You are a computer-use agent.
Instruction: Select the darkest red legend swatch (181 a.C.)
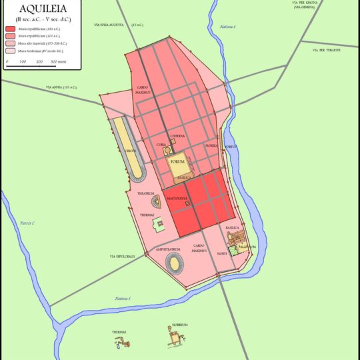(11, 29)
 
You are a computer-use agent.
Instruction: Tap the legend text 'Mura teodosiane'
(40, 51)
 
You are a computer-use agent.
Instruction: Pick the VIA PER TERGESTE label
(326, 50)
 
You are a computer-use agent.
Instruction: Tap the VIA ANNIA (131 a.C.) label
(62, 87)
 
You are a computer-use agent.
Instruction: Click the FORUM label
(177, 162)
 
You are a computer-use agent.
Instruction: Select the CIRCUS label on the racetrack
(129, 151)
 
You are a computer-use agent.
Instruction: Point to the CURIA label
(161, 144)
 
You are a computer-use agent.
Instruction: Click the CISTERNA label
(177, 136)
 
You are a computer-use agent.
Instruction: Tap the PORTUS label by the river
(230, 146)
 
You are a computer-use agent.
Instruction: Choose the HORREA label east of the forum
(211, 145)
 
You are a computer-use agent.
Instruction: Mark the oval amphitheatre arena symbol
(175, 264)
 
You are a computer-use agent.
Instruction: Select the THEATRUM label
(146, 193)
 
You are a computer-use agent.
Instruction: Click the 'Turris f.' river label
(27, 222)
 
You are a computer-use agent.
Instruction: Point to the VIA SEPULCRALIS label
(122, 256)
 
